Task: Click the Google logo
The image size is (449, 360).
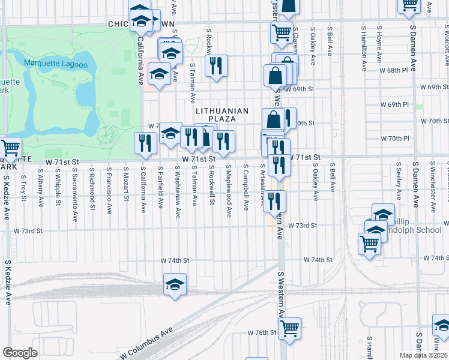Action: click(20, 353)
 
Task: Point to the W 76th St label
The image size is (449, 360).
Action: click(261, 332)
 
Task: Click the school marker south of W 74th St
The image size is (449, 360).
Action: click(175, 285)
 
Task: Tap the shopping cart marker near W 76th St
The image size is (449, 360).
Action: click(290, 328)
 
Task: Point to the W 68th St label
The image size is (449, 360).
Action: click(394, 71)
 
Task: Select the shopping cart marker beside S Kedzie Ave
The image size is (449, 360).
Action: click(10, 148)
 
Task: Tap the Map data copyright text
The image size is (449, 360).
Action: click(423, 355)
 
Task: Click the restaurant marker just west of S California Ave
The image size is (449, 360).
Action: click(145, 143)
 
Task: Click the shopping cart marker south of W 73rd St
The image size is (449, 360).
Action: click(369, 244)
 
